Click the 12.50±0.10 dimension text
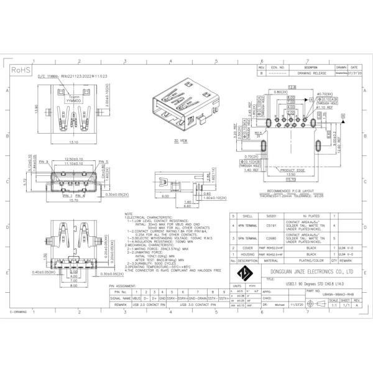(x=73, y=159)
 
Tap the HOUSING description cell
(x=247, y=254)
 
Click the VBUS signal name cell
(x=136, y=298)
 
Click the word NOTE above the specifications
(x=129, y=213)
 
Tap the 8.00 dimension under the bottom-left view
(x=73, y=286)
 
